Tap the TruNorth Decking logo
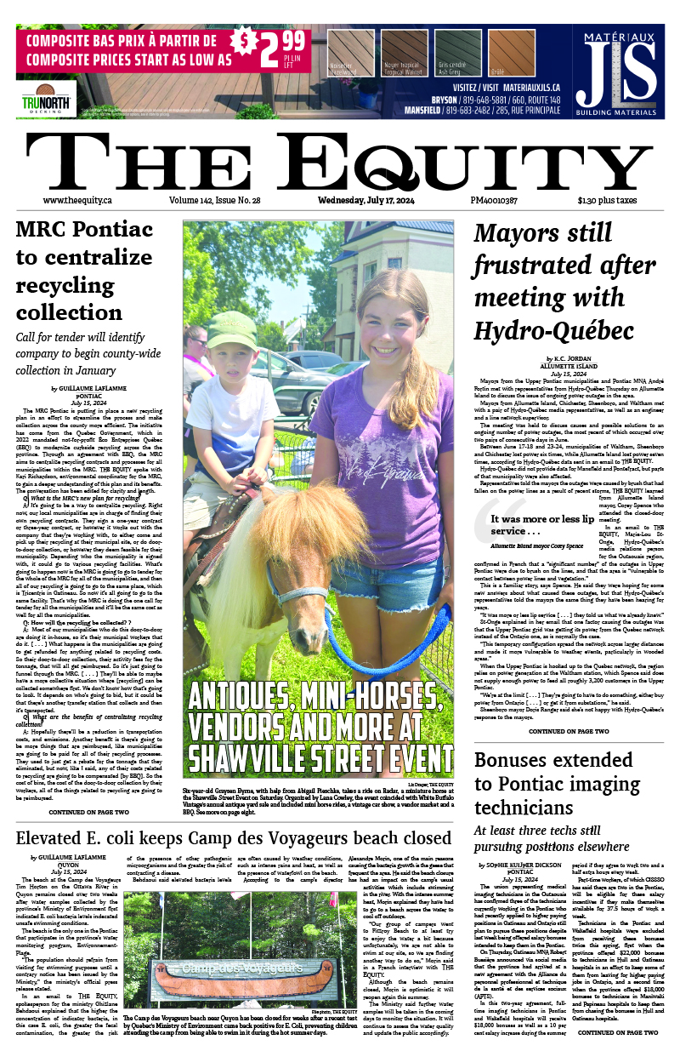tap(46, 103)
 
